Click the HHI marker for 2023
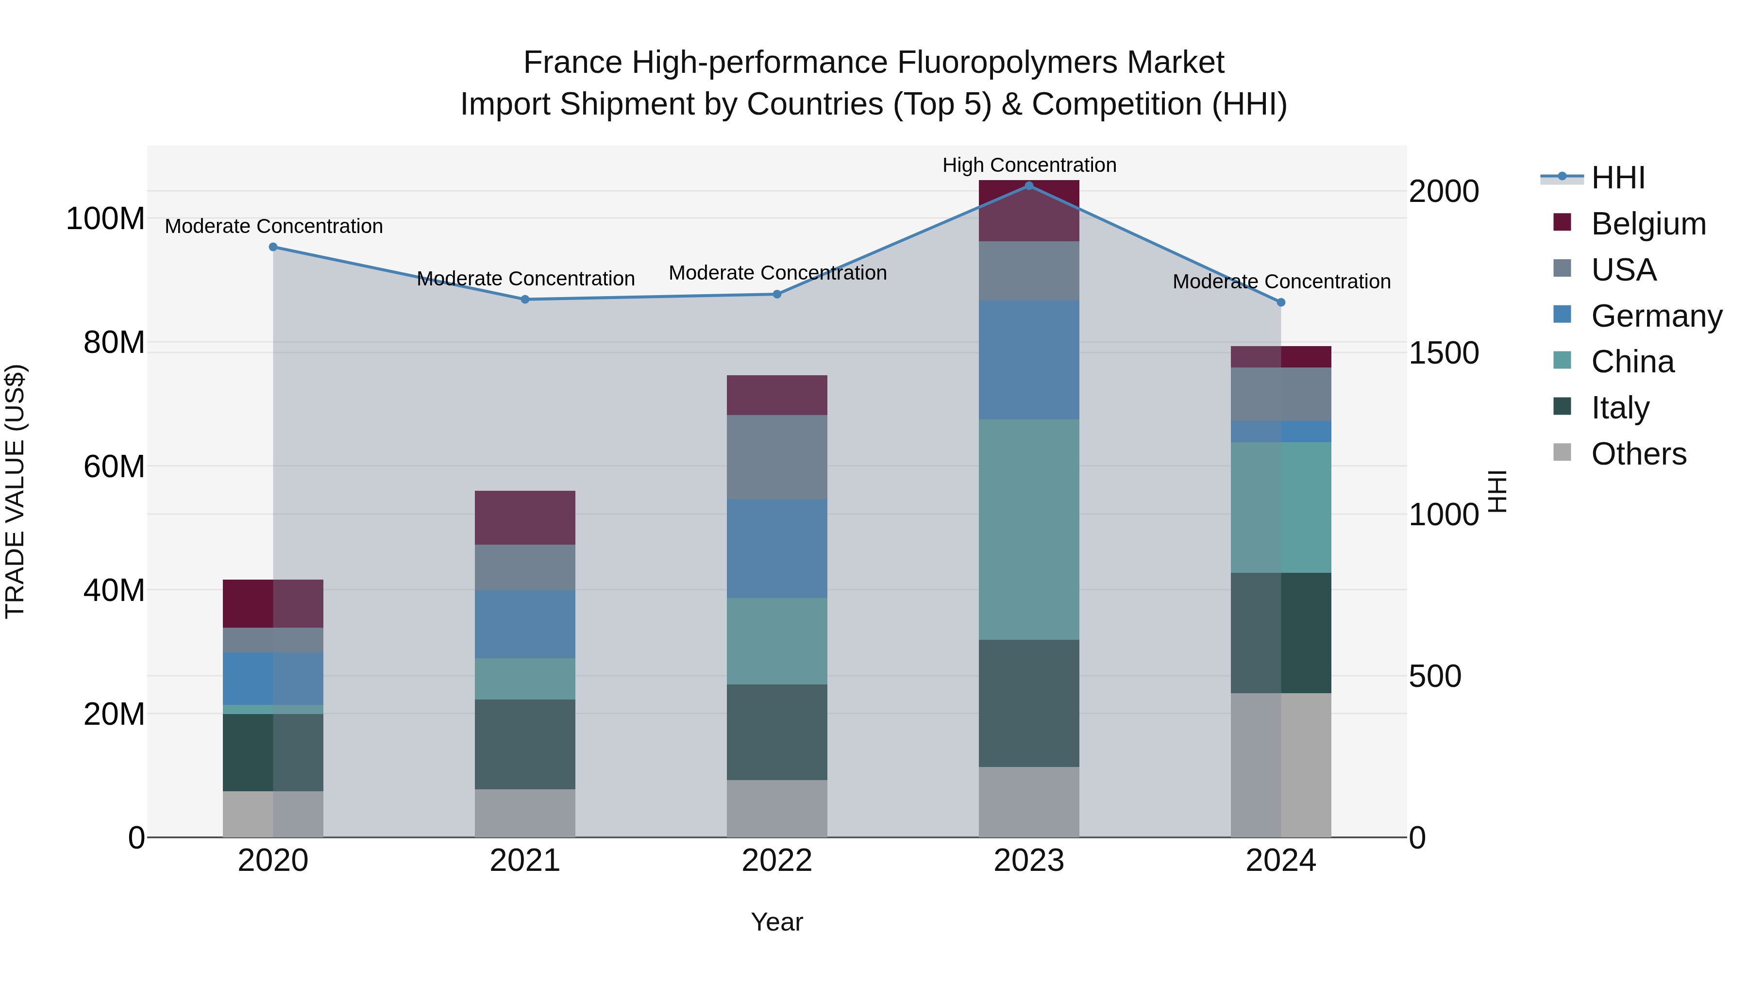pos(1029,186)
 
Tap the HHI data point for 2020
pos(273,247)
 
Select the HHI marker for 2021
pos(525,299)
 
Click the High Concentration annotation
pos(1029,165)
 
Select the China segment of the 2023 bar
pos(1029,529)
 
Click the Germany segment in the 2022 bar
pos(777,548)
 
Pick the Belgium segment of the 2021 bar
pos(525,517)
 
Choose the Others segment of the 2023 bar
pos(1029,802)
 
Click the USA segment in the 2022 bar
pos(777,457)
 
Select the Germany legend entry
pos(1656,316)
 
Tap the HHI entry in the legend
pos(1618,178)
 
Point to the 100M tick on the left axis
pos(105,219)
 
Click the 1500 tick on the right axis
pos(1444,353)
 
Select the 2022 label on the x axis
pos(777,861)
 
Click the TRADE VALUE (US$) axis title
pos(15,491)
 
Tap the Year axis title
pos(777,922)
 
